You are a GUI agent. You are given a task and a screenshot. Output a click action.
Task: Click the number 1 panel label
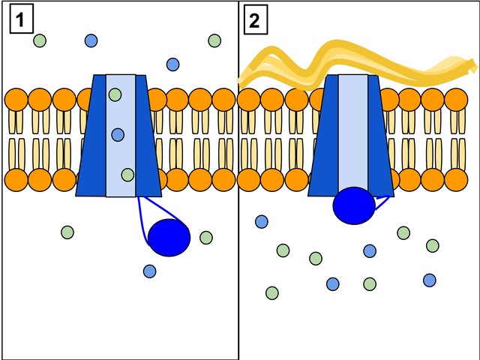click(x=21, y=20)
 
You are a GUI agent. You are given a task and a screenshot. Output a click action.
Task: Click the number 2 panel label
click(x=255, y=20)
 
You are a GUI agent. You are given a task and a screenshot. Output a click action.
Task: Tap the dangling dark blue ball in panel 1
click(x=169, y=238)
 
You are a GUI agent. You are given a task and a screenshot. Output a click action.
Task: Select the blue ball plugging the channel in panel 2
click(x=354, y=205)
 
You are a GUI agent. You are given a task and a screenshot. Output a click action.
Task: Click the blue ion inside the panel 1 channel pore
click(x=118, y=134)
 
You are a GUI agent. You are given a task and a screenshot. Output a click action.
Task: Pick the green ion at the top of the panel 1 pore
click(x=115, y=94)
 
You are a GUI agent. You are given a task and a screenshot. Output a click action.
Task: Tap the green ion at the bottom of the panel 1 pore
click(x=127, y=175)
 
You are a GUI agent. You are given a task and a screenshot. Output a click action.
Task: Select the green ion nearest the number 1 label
click(x=40, y=40)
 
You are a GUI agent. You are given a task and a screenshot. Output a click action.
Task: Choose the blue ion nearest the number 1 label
click(x=91, y=40)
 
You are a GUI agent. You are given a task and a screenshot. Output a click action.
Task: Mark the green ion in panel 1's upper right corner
click(x=214, y=40)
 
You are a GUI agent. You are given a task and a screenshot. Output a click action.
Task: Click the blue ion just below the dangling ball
click(x=149, y=271)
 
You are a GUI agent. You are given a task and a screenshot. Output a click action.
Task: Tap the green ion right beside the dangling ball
click(x=206, y=238)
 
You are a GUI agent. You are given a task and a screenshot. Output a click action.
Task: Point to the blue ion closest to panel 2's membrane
click(x=262, y=221)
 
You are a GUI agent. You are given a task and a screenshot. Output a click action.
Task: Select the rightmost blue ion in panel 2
click(x=430, y=280)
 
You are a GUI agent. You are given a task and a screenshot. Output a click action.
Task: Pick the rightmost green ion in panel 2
click(x=433, y=245)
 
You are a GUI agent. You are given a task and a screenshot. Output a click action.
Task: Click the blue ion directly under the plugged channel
click(x=370, y=250)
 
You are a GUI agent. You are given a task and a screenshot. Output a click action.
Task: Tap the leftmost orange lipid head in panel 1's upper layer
click(x=16, y=100)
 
